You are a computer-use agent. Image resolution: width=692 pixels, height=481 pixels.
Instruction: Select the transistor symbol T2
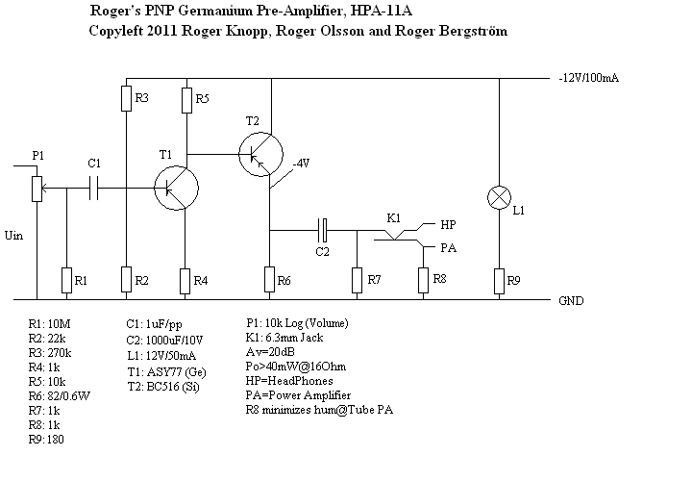pyautogui.click(x=261, y=151)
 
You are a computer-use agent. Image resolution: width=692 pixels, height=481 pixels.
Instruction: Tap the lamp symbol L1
pyautogui.click(x=499, y=199)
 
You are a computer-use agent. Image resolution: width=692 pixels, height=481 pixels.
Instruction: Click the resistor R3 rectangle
pyautogui.click(x=127, y=99)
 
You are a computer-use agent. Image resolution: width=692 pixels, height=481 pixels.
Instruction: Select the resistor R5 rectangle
pyautogui.click(x=186, y=99)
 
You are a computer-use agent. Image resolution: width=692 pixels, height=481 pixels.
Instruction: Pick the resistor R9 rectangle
pyautogui.click(x=499, y=280)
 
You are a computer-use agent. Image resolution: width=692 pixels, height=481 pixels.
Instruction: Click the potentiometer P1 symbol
pyautogui.click(x=37, y=187)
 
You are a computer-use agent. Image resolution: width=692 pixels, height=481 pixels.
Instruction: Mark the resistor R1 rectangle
pyautogui.click(x=66, y=280)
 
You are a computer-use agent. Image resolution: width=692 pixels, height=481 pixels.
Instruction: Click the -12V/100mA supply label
pyautogui.click(x=587, y=77)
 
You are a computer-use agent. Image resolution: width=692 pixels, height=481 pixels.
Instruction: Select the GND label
pyautogui.click(x=572, y=300)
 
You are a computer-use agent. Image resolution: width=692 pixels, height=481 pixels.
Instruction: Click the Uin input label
pyautogui.click(x=14, y=234)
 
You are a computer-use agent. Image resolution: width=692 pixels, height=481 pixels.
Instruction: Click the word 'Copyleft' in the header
pyautogui.click(x=112, y=31)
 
